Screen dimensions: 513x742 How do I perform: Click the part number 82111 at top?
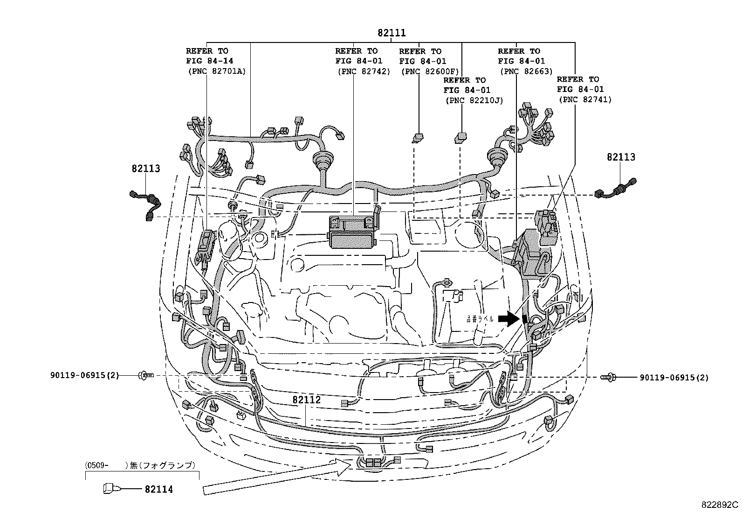(x=392, y=33)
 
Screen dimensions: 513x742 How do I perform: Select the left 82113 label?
(x=145, y=169)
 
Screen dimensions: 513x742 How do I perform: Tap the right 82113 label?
(x=620, y=157)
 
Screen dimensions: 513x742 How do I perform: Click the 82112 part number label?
(x=307, y=400)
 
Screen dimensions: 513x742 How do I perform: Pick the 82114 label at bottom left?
(x=158, y=489)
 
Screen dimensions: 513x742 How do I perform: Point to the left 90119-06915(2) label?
(x=84, y=375)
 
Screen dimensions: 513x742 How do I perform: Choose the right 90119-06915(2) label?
(x=674, y=377)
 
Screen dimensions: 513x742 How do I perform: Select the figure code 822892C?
(x=721, y=505)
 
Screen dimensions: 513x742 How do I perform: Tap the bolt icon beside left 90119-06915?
(x=145, y=375)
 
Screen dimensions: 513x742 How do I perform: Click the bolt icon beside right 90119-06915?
(x=609, y=377)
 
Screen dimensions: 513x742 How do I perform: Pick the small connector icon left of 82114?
(x=109, y=489)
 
